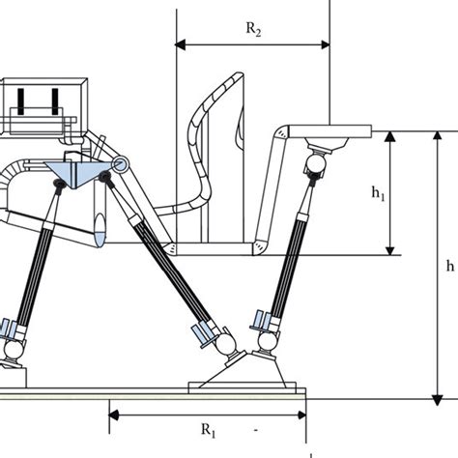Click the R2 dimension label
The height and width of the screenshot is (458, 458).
pyautogui.click(x=254, y=30)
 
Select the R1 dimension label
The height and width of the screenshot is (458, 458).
pyautogui.click(x=207, y=430)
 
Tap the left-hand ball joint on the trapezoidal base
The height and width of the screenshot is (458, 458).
pyautogui.click(x=224, y=341)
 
